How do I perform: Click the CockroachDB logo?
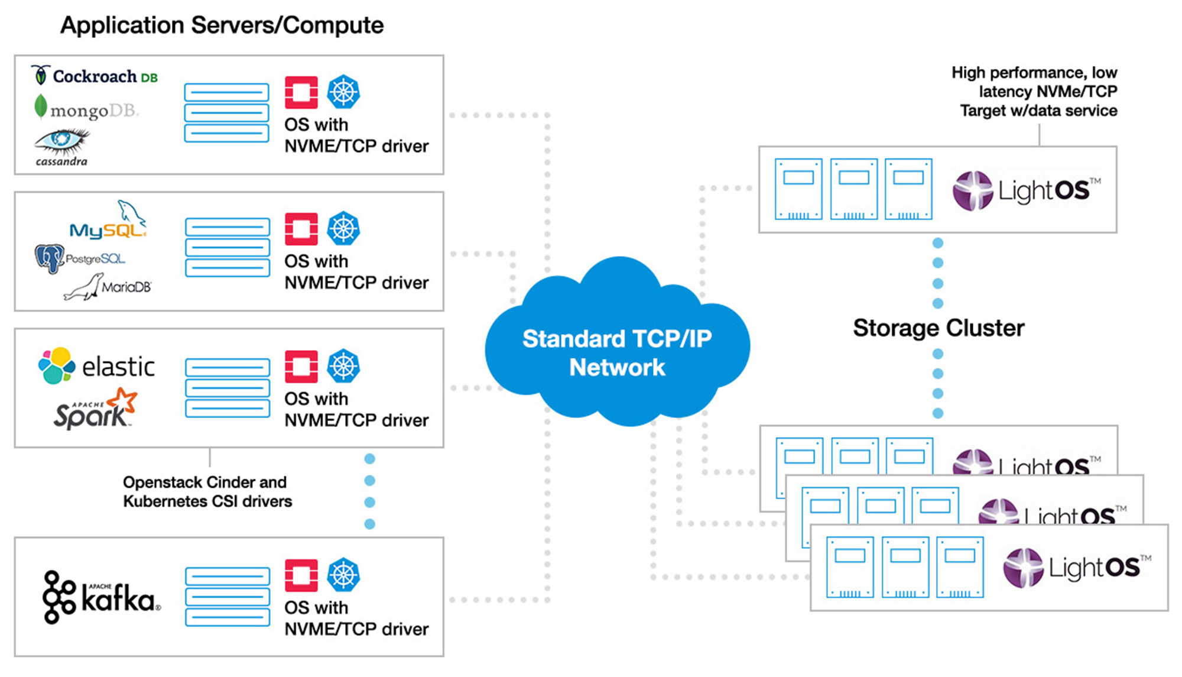[x=95, y=76]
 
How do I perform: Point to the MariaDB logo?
[x=108, y=287]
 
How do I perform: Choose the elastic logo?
[x=96, y=366]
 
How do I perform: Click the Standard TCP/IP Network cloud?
[x=617, y=352]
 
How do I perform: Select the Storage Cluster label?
[x=938, y=328]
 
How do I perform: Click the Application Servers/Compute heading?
[x=222, y=25]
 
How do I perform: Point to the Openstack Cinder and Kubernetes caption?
[x=207, y=492]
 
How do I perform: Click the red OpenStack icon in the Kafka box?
[x=301, y=575]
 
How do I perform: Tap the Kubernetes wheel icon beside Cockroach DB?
[x=343, y=92]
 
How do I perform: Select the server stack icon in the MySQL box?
[x=228, y=247]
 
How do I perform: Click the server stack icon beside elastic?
[x=228, y=388]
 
